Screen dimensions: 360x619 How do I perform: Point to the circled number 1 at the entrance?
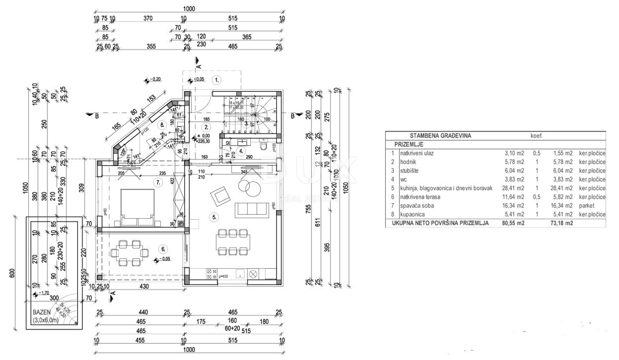[217, 80]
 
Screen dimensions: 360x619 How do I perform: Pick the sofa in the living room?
[251, 209]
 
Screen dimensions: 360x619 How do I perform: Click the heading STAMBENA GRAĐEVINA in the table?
[440, 136]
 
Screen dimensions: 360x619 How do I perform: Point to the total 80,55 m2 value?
[513, 223]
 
